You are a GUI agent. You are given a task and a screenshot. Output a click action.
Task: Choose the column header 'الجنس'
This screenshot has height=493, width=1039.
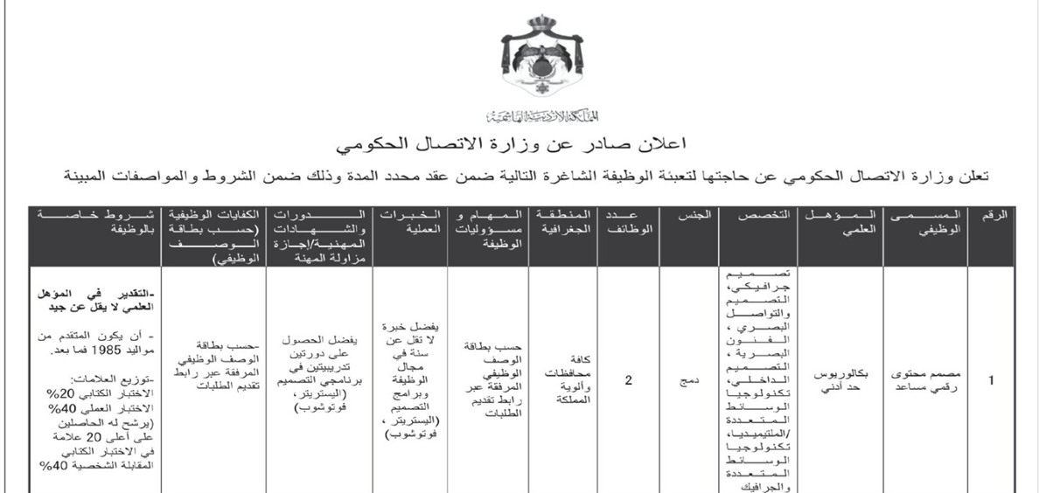tap(687, 215)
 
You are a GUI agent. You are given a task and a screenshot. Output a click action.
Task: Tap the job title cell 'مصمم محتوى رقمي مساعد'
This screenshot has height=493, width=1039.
tap(927, 381)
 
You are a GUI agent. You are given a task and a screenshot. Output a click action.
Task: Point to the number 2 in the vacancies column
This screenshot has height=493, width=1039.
tap(629, 381)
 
